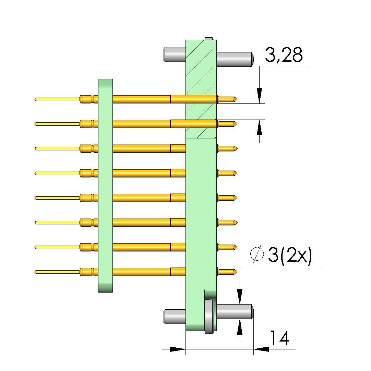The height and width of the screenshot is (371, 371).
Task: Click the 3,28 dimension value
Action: pos(284,55)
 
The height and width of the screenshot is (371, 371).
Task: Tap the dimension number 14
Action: pos(279,338)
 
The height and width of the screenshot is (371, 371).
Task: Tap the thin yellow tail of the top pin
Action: pos(57,99)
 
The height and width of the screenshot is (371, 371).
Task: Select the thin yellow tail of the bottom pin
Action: pos(57,272)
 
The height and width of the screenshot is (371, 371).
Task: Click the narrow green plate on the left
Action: pos(105,186)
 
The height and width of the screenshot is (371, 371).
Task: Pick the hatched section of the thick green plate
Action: pos(201,89)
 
